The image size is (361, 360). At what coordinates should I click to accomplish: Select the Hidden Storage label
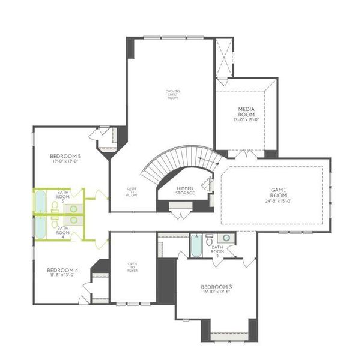[185, 190]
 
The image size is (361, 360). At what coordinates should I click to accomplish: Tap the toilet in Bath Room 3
[210, 241]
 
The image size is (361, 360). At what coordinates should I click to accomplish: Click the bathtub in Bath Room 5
[40, 202]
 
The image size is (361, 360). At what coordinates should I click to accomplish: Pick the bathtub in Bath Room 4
[40, 227]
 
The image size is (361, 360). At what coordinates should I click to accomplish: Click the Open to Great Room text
[173, 94]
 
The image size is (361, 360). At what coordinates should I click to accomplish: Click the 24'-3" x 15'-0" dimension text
[277, 202]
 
